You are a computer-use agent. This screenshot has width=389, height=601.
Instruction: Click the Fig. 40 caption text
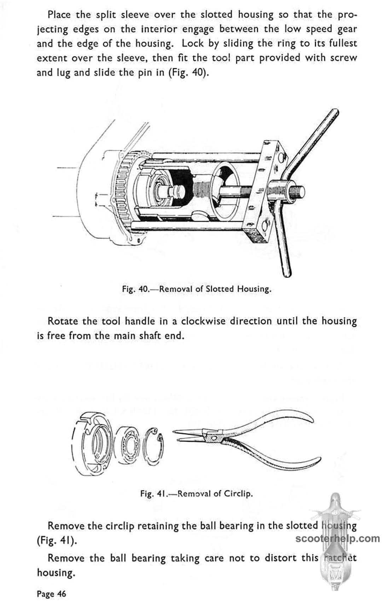pyautogui.click(x=197, y=289)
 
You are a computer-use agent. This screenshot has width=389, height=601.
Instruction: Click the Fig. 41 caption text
pyautogui.click(x=197, y=493)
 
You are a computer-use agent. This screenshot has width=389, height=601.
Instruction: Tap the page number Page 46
pyautogui.click(x=51, y=594)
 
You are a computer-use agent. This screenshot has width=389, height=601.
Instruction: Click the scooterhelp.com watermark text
pyautogui.click(x=337, y=538)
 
